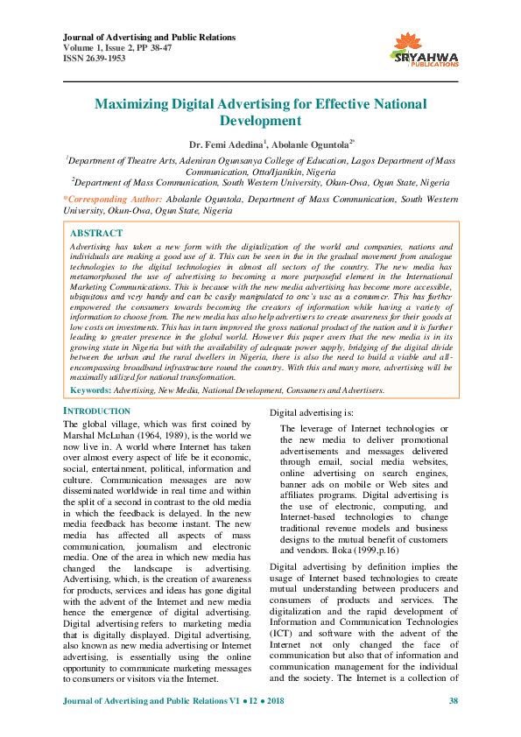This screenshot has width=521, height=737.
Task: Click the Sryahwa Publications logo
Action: click(x=426, y=49)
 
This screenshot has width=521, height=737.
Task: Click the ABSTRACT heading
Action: click(x=96, y=234)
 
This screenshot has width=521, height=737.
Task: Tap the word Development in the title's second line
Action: click(x=261, y=121)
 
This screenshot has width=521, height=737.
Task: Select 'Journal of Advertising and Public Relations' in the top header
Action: click(x=150, y=38)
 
